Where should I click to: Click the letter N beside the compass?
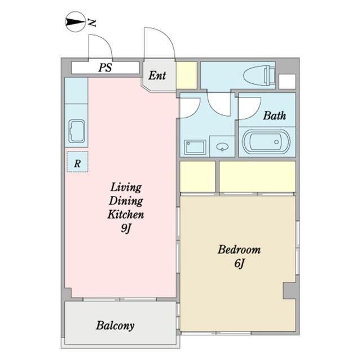point(92,23)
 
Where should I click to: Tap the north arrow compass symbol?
point(76,22)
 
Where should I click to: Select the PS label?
point(105,68)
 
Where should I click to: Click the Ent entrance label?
point(157,75)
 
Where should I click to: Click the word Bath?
point(275,115)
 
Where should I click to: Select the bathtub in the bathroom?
point(266,142)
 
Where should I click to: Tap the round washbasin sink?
point(223,146)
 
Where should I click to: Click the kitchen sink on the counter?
point(77,131)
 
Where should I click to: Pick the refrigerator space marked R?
point(77,162)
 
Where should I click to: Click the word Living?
point(126,187)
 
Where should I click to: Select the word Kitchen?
point(126,214)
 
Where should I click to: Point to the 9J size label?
point(126,228)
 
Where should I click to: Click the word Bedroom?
point(239,250)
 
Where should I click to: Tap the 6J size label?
point(239,263)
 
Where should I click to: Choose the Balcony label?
point(115,326)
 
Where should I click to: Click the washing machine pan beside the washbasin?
point(195,147)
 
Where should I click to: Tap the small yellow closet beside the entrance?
point(187,75)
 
